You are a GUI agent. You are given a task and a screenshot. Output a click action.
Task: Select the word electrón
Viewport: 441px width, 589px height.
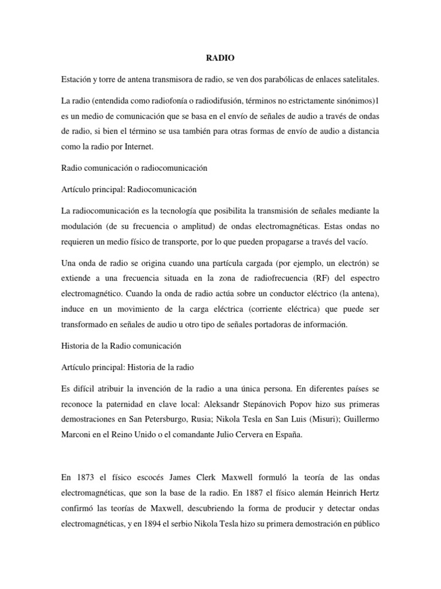pyautogui.click(x=350, y=263)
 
